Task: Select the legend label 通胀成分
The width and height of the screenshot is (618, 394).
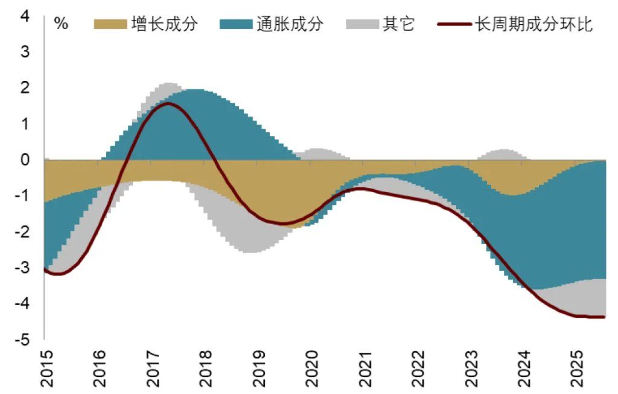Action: tap(289, 25)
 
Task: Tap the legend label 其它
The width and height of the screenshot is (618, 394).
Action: tap(398, 25)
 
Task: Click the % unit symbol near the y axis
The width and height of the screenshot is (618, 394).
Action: tap(61, 25)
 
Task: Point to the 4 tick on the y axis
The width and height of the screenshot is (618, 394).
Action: tap(25, 16)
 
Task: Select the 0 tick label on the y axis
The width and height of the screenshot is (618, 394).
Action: tap(25, 160)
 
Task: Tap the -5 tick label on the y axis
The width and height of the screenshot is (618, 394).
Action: tap(22, 340)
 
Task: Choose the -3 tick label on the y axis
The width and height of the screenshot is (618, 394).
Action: tap(22, 268)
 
